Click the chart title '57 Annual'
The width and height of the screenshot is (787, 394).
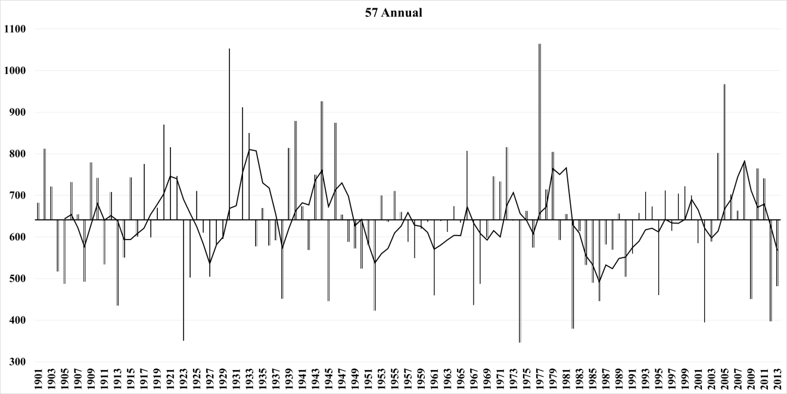[x=393, y=13]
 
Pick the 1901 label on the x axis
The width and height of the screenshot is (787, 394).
[x=38, y=379]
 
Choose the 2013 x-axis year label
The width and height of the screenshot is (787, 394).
[x=777, y=379]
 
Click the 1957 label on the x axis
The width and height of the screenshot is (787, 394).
[x=408, y=379]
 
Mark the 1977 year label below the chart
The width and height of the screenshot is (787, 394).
[x=539, y=379]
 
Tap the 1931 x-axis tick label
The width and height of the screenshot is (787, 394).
[x=236, y=379]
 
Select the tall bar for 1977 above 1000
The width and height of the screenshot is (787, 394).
[x=539, y=131]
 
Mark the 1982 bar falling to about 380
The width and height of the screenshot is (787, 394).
[x=573, y=274]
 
